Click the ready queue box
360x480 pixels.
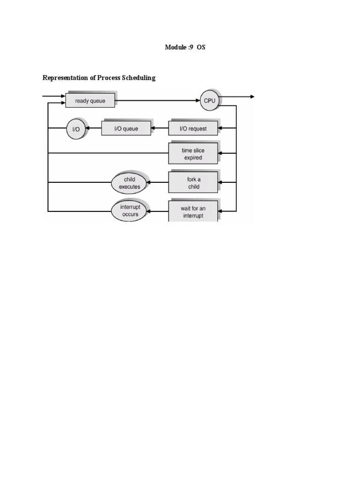pos(90,101)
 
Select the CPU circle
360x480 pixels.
pos(209,101)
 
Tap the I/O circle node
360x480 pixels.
pos(75,128)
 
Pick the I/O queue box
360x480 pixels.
pos(126,128)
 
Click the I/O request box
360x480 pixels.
pos(193,128)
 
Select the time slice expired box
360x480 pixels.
pos(193,154)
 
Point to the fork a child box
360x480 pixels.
pos(193,183)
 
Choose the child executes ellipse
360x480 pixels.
pos(129,183)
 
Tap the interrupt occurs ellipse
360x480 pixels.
pos(129,211)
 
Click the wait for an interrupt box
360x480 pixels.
pos(193,211)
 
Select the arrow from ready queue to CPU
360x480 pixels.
pos(157,100)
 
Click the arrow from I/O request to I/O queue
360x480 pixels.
pos(160,128)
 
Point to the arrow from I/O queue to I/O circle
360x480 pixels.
pos(93,128)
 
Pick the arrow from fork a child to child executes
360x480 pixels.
pos(157,183)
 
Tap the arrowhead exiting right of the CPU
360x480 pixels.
pos(252,97)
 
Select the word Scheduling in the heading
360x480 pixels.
pos(139,78)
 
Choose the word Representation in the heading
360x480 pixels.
pos(66,78)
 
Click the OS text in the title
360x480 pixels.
pos(201,47)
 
